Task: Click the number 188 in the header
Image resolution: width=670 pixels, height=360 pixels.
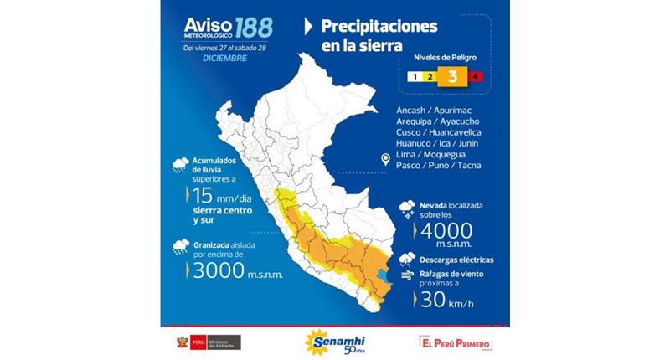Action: (x=253, y=28)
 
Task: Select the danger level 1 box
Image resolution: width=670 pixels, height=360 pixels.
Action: (x=414, y=77)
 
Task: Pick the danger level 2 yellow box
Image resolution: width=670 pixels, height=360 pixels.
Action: (x=429, y=77)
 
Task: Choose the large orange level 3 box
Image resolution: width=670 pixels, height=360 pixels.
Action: (x=451, y=77)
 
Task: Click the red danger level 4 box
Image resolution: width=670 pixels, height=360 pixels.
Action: (x=475, y=77)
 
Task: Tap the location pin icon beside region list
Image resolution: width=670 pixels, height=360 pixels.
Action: (x=384, y=159)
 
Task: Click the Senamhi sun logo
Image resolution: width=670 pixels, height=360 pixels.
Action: (x=320, y=342)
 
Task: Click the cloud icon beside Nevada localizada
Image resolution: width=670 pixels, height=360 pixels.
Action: (x=407, y=206)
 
